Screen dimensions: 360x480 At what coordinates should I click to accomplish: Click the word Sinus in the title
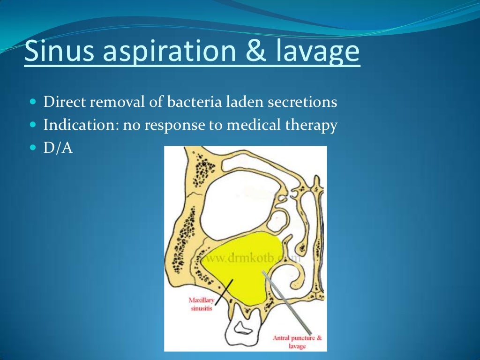point(56,52)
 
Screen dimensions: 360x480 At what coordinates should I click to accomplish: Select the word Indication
point(75,126)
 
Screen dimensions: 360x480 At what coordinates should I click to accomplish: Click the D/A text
point(58,149)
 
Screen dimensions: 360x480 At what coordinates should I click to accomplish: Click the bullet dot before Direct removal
point(32,102)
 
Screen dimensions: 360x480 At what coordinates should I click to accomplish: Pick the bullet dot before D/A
point(32,149)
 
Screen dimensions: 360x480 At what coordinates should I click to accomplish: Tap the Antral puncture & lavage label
point(298,342)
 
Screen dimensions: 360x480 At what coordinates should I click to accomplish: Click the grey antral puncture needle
point(286,300)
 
